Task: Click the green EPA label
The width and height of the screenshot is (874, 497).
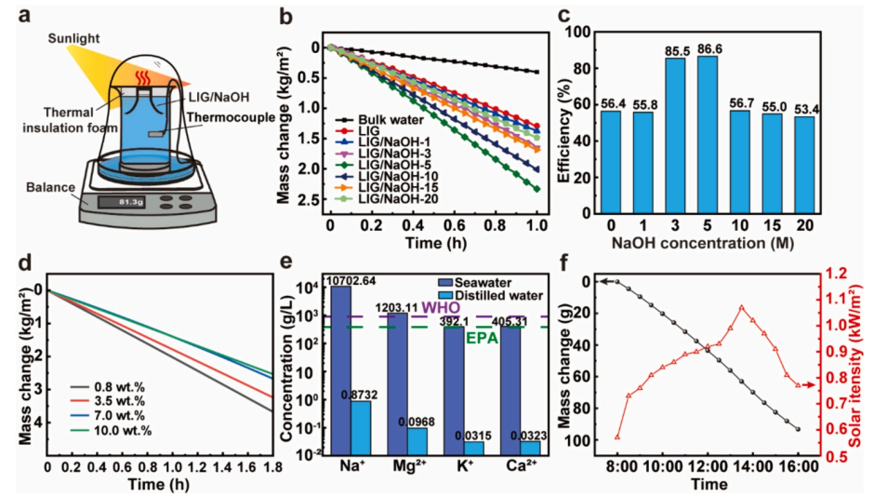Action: point(483,338)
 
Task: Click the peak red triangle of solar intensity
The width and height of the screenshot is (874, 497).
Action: point(741,307)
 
